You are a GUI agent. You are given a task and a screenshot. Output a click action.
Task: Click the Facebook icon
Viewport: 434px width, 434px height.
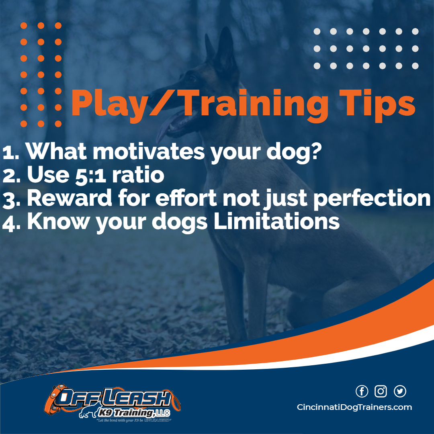click(x=362, y=391)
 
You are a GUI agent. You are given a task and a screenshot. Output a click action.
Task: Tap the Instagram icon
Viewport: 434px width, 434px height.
click(x=381, y=391)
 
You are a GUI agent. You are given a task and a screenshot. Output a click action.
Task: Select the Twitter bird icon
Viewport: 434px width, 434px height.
click(x=400, y=391)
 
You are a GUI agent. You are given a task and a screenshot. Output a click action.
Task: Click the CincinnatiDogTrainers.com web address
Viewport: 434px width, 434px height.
click(x=354, y=407)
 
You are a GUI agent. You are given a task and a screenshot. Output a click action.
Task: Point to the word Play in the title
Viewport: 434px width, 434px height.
click(x=105, y=103)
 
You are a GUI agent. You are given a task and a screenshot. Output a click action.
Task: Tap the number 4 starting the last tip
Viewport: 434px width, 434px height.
click(x=9, y=222)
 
